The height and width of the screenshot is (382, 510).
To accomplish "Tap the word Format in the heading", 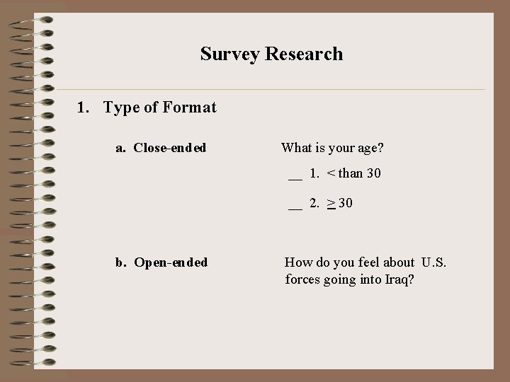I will coord(189,108).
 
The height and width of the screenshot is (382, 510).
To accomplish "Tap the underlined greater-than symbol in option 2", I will coord(331,204).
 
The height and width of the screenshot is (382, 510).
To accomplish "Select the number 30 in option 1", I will coord(373,173).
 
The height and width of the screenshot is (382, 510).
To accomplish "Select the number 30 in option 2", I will coord(346,204).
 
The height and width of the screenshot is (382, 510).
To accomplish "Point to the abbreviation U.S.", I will coord(434,263).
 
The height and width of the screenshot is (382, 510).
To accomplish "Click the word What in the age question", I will coord(297,148).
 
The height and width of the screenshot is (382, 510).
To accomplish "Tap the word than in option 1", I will coord(351,173).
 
